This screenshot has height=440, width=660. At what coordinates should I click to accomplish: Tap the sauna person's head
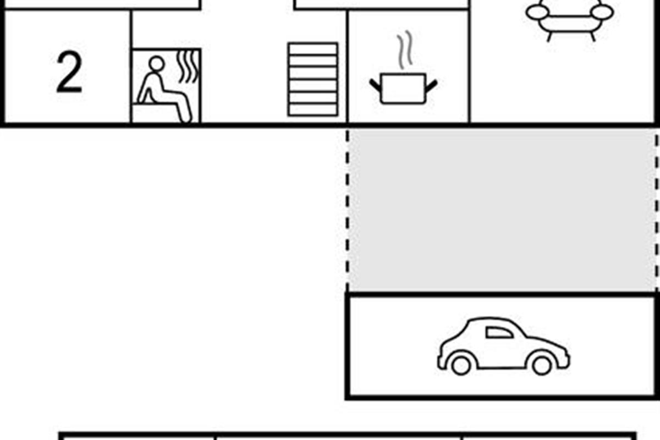(x=156, y=64)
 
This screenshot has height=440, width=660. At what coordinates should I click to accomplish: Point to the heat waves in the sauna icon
(x=188, y=67)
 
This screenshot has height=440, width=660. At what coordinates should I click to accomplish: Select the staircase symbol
(x=313, y=80)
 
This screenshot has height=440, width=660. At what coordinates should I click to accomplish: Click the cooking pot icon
(x=403, y=89)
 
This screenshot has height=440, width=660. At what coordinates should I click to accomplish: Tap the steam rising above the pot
(x=405, y=50)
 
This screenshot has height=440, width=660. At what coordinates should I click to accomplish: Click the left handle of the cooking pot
(x=375, y=85)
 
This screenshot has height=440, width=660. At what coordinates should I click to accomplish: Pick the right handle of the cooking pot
(x=431, y=85)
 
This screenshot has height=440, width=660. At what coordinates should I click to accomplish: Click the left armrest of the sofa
(x=537, y=13)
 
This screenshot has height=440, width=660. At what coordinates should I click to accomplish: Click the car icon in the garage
(x=503, y=346)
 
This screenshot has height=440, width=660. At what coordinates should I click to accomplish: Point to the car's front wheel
(x=461, y=365)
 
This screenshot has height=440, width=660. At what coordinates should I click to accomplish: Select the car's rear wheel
(x=542, y=365)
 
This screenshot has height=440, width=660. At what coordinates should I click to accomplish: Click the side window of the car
(x=499, y=332)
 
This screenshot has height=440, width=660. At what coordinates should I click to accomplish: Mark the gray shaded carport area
(x=502, y=210)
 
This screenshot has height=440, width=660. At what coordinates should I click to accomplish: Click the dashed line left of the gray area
(x=348, y=210)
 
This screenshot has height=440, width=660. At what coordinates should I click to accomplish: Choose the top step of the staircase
(x=313, y=49)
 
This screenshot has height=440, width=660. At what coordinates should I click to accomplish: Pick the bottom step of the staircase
(x=313, y=109)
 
